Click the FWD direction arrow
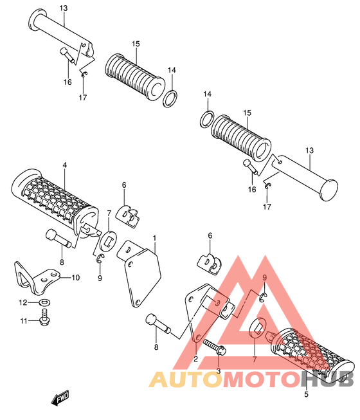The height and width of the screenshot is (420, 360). coord(60,397)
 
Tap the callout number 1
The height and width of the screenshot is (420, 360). coord(154,238)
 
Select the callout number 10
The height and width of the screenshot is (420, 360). coord(76,277)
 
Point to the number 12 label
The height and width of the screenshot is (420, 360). coord(23,302)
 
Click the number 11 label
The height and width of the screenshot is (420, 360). coord(24,320)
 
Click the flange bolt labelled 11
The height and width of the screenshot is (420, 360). coord(45,317)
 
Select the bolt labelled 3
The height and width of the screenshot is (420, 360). coord(215,347)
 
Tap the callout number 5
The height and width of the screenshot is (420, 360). coord(306,394)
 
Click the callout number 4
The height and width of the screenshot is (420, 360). coord(65,165)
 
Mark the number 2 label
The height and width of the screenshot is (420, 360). coord(195,359)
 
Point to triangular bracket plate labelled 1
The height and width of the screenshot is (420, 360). coord(139,273)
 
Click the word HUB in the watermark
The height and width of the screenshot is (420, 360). coord(327,379)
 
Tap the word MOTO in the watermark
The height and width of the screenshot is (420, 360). coord(262,379)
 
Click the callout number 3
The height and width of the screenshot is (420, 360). coord(218,371)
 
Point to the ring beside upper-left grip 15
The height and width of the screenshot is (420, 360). coord(170,98)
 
